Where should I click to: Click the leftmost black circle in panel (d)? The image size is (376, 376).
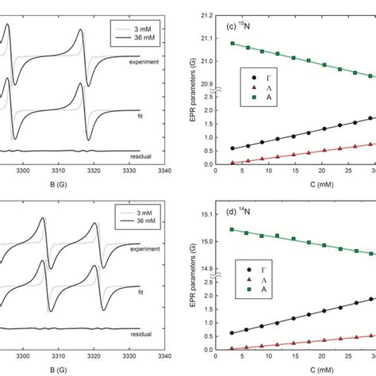(232, 333)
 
